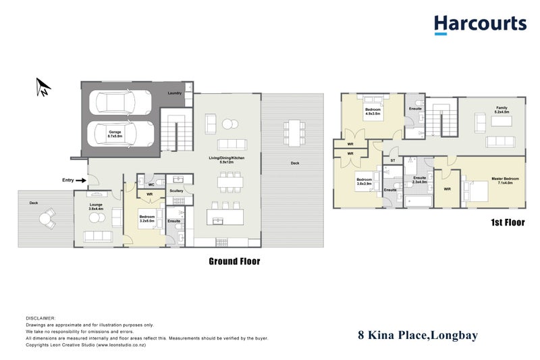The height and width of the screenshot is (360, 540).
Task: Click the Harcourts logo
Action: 479,24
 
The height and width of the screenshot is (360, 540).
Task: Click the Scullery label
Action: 177,190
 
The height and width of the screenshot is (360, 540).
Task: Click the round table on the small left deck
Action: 46,217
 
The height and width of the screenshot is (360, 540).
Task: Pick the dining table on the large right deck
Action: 293,128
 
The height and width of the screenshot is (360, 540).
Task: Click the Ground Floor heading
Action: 234,261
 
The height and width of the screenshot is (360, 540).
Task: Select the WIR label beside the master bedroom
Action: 448,189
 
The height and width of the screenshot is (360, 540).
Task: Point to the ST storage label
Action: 393,161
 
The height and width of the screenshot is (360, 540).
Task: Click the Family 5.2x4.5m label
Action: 501,109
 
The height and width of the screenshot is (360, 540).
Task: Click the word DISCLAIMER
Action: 40,317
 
